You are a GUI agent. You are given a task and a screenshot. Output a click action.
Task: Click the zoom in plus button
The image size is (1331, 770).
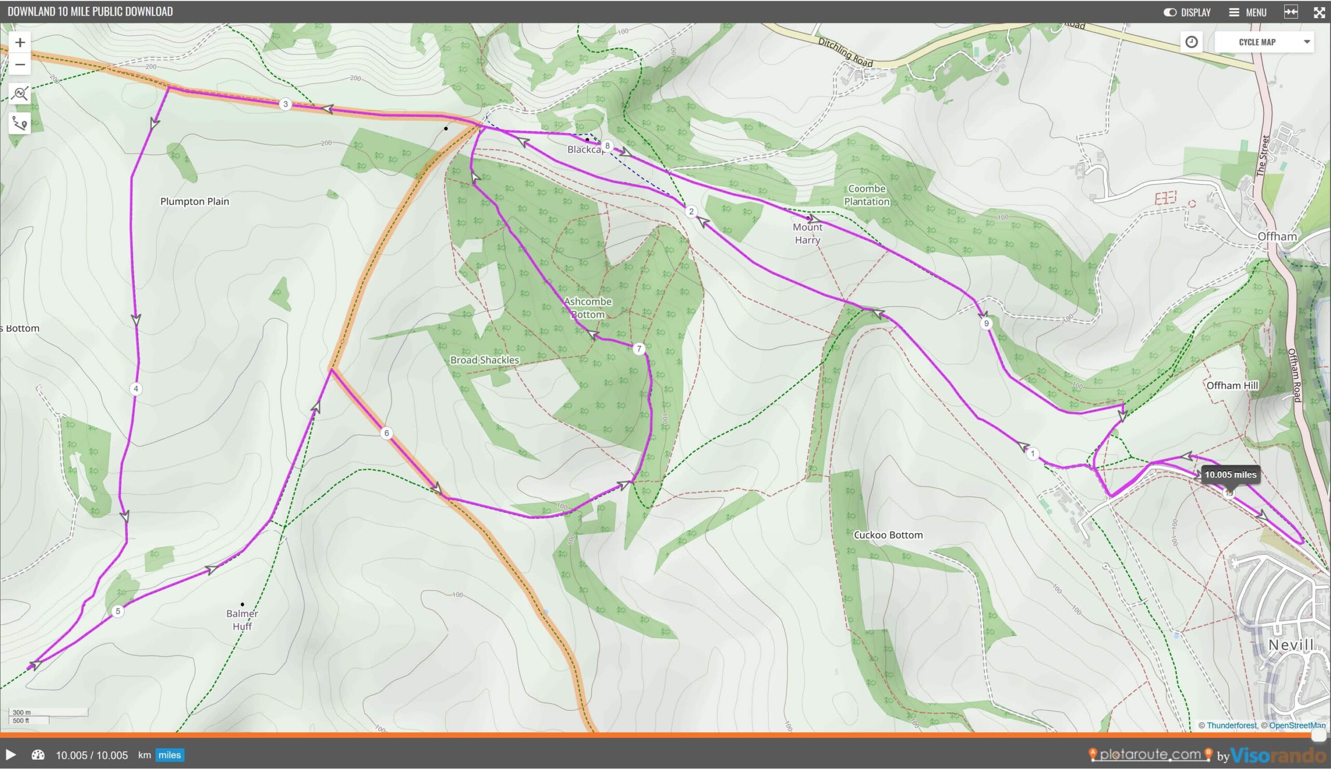coord(20,42)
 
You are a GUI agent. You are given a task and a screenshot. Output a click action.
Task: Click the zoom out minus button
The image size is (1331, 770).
coord(20,64)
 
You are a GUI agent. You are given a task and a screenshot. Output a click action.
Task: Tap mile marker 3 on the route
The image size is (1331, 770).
coord(285,104)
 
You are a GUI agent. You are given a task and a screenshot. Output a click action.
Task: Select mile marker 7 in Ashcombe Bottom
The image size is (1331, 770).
coord(638,348)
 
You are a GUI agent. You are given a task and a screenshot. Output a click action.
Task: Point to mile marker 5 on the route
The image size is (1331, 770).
coord(118,611)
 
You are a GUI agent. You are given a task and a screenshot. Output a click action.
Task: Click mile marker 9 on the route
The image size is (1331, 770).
coord(986,323)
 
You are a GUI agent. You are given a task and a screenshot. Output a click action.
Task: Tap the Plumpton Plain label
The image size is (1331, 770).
coord(194,201)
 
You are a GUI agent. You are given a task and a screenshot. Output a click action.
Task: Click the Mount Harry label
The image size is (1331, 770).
coord(807,233)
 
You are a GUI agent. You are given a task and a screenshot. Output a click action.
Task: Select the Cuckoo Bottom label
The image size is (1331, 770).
coord(888,534)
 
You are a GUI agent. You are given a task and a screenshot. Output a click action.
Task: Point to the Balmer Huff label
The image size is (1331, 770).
coord(242,620)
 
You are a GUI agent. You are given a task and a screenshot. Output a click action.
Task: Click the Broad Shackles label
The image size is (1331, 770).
coord(485,360)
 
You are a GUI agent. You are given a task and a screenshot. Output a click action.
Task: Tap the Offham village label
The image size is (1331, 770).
coord(1276,236)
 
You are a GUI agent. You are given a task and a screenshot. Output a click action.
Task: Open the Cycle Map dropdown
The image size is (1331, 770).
coord(1263,42)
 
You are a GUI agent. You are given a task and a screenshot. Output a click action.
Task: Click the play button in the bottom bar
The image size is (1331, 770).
coord(10,755)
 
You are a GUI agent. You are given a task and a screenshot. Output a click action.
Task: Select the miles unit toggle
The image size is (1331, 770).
coord(169,755)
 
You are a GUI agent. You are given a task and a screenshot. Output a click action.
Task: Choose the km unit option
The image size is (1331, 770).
coord(144,755)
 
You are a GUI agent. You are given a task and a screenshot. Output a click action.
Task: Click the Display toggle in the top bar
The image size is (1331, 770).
coord(1187,12)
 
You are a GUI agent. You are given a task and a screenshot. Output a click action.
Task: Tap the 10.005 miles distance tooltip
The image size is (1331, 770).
coord(1230,474)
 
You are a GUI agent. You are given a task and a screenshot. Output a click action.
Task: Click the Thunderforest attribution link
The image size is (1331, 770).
coord(1231,726)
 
